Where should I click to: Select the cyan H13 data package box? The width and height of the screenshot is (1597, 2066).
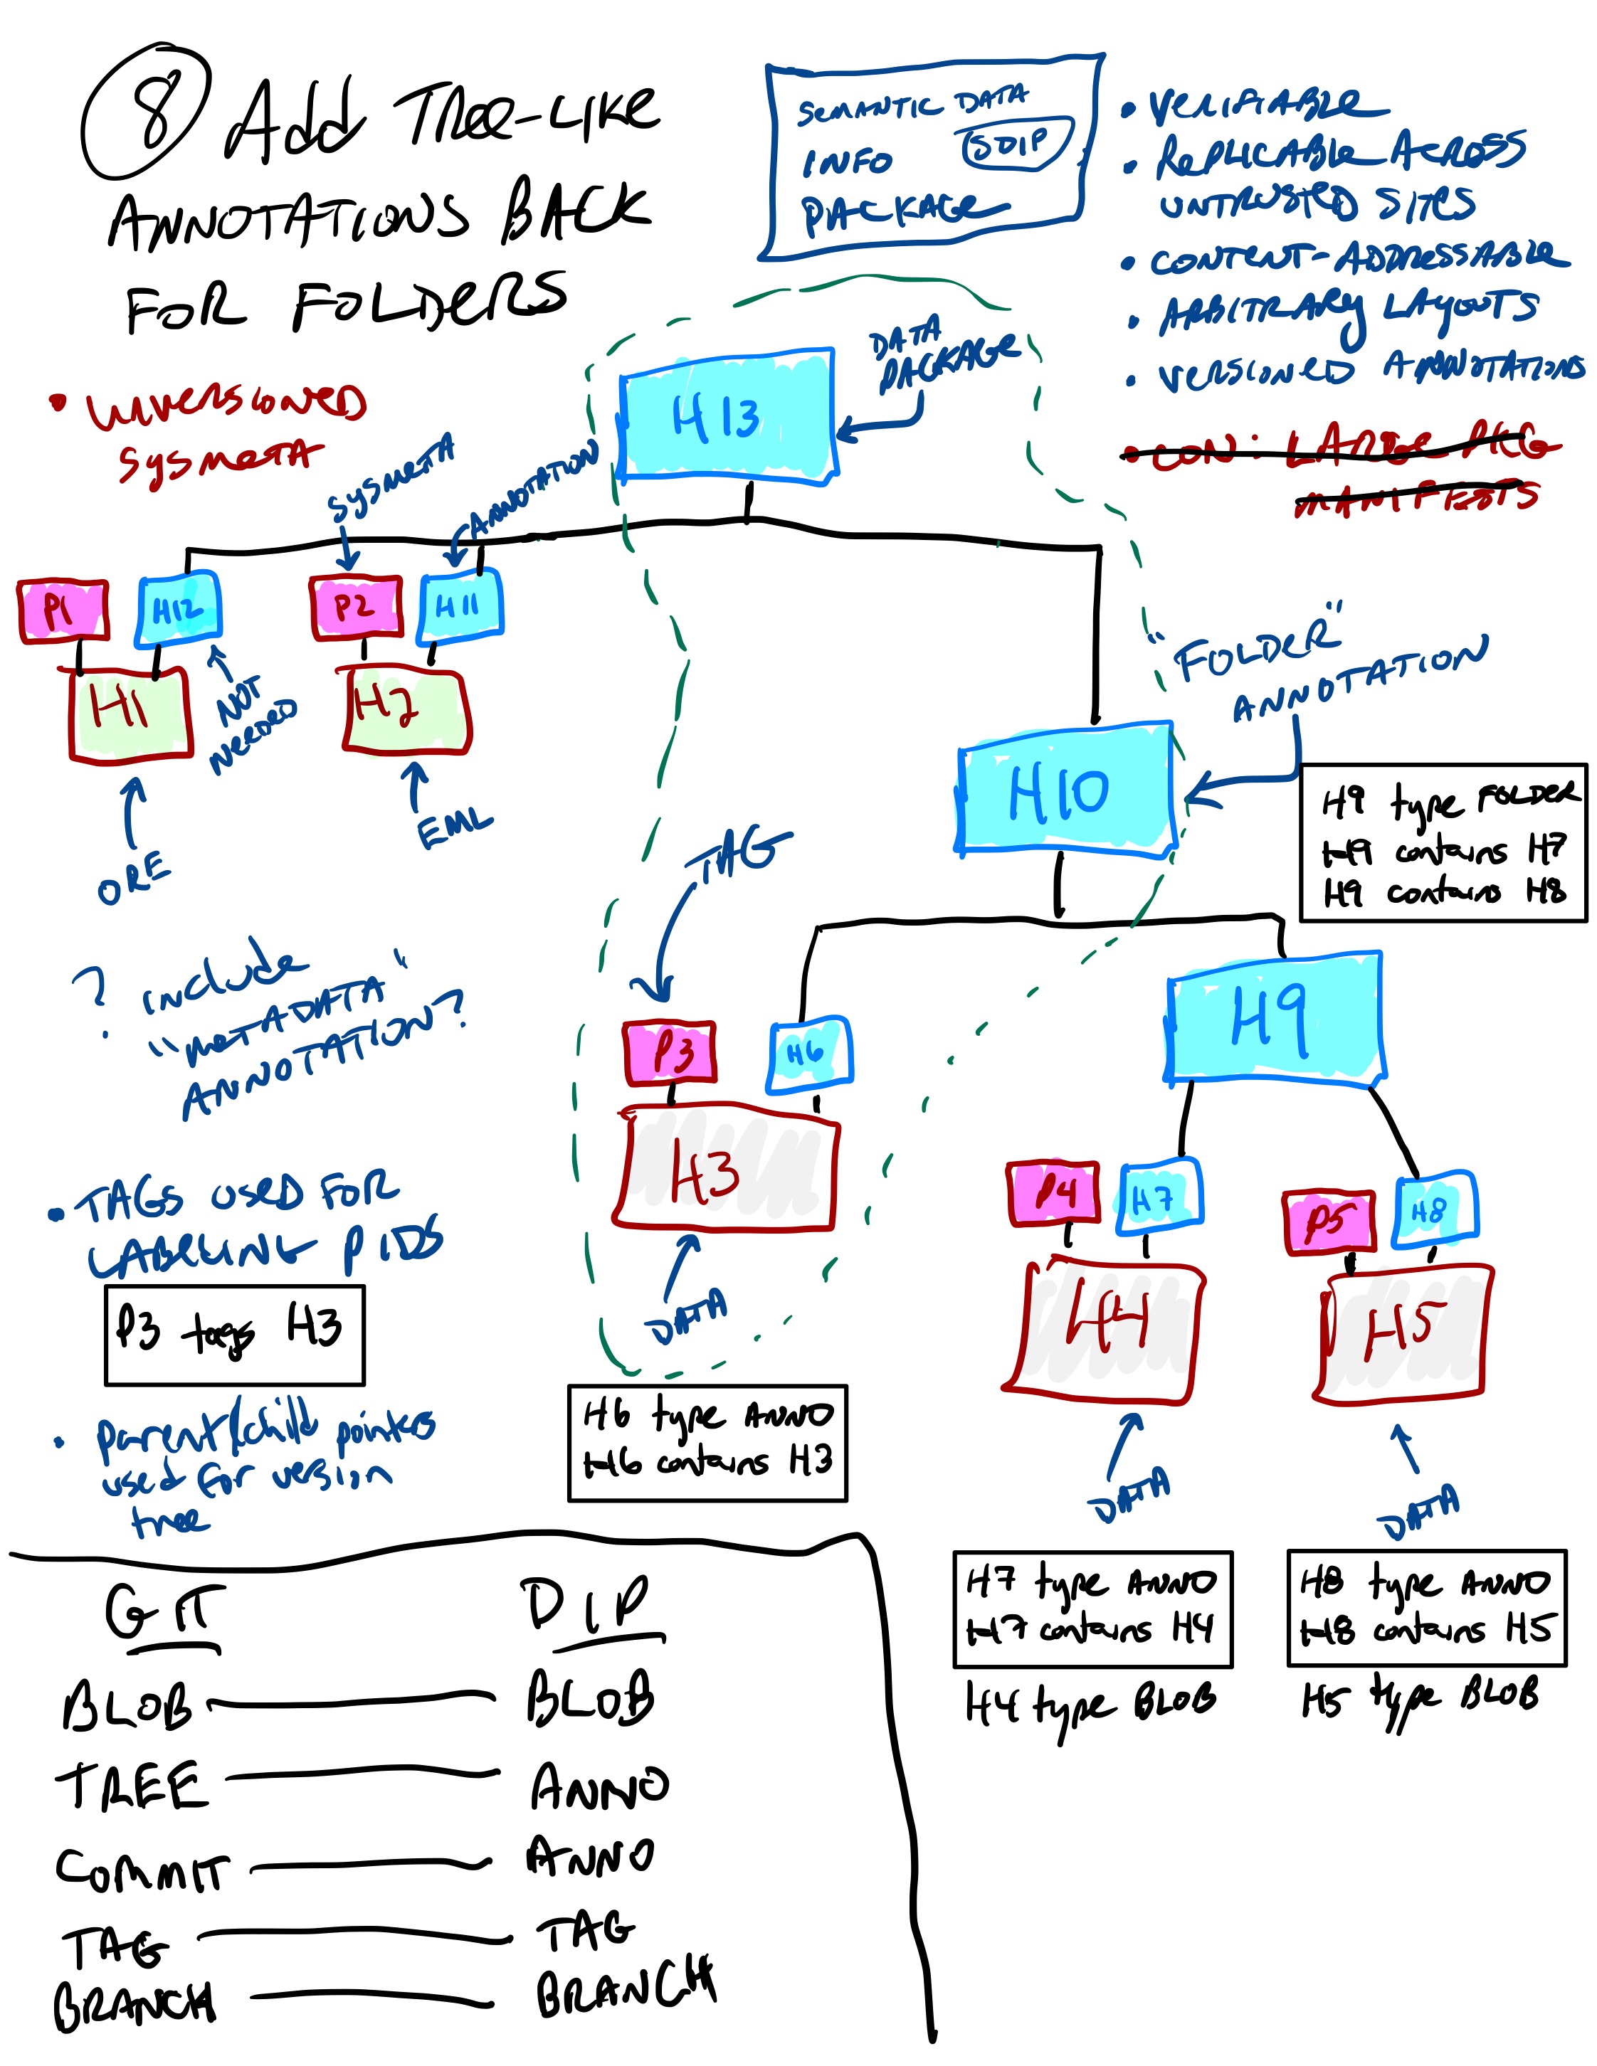(727, 416)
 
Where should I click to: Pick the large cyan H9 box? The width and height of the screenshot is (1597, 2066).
(1273, 1017)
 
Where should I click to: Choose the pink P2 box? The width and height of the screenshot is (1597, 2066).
(356, 606)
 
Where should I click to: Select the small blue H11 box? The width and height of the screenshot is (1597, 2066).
(460, 606)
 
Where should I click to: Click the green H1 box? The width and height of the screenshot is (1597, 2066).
(130, 711)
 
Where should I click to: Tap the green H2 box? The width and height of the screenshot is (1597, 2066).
(405, 709)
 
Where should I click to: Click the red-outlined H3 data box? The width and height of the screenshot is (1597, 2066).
(724, 1169)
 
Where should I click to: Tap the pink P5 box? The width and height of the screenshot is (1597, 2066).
(1327, 1222)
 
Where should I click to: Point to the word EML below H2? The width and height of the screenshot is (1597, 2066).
(454, 829)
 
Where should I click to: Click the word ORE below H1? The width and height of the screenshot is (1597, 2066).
(135, 877)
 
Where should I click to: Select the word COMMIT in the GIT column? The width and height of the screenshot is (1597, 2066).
(142, 1869)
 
